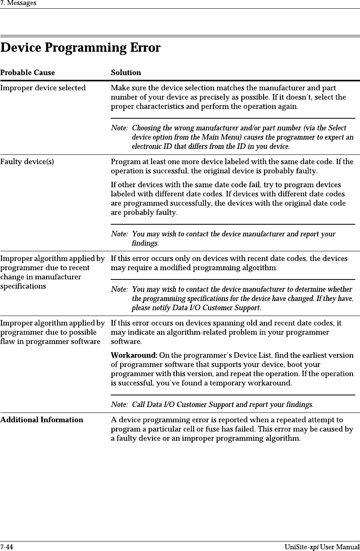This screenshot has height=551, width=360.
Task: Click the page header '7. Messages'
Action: [18, 3]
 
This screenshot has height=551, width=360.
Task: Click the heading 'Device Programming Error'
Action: [81, 48]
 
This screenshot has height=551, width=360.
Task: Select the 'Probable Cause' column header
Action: [28, 73]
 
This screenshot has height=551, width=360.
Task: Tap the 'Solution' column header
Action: [126, 73]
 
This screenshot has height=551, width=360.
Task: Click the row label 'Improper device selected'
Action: [43, 88]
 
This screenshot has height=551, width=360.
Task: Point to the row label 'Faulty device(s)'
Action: [27, 162]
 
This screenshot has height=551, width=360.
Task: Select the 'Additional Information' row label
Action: [42, 420]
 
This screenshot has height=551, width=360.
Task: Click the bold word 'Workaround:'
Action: [134, 355]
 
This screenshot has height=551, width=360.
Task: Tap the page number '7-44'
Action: [7, 547]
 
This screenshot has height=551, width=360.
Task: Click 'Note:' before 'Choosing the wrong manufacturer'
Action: [119, 128]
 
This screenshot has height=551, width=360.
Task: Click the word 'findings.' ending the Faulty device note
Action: [145, 243]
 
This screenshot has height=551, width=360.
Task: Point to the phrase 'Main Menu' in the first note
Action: [233, 137]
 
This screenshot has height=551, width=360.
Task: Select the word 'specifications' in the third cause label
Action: [23, 286]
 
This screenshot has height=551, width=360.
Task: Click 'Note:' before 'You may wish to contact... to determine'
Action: [119, 289]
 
